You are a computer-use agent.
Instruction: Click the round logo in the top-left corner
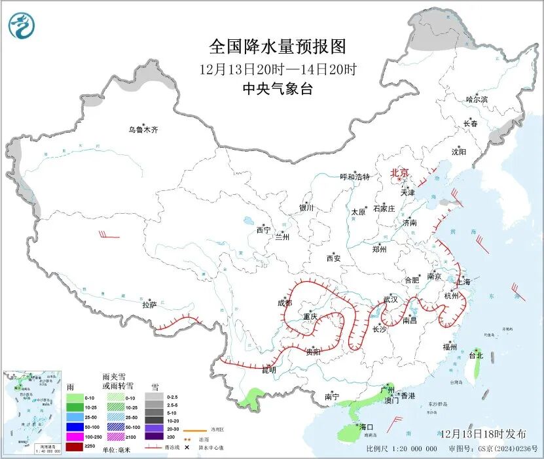(x=22, y=25)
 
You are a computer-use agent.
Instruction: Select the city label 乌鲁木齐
(x=143, y=130)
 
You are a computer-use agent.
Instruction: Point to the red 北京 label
(x=399, y=173)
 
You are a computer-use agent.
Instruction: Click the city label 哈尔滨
(x=477, y=99)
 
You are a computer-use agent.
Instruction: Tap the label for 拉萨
(x=149, y=305)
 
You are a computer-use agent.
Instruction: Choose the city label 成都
(x=285, y=303)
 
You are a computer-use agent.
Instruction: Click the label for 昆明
(x=269, y=370)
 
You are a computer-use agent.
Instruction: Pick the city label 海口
(x=365, y=427)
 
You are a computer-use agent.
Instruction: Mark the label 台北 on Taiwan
(x=475, y=356)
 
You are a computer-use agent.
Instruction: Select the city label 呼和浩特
(x=355, y=177)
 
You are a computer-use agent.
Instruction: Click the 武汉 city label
(x=390, y=299)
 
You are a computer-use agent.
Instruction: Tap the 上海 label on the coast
(x=463, y=282)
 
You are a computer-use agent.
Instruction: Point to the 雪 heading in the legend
(x=154, y=387)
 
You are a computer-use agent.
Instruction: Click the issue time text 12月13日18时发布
(x=482, y=433)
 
